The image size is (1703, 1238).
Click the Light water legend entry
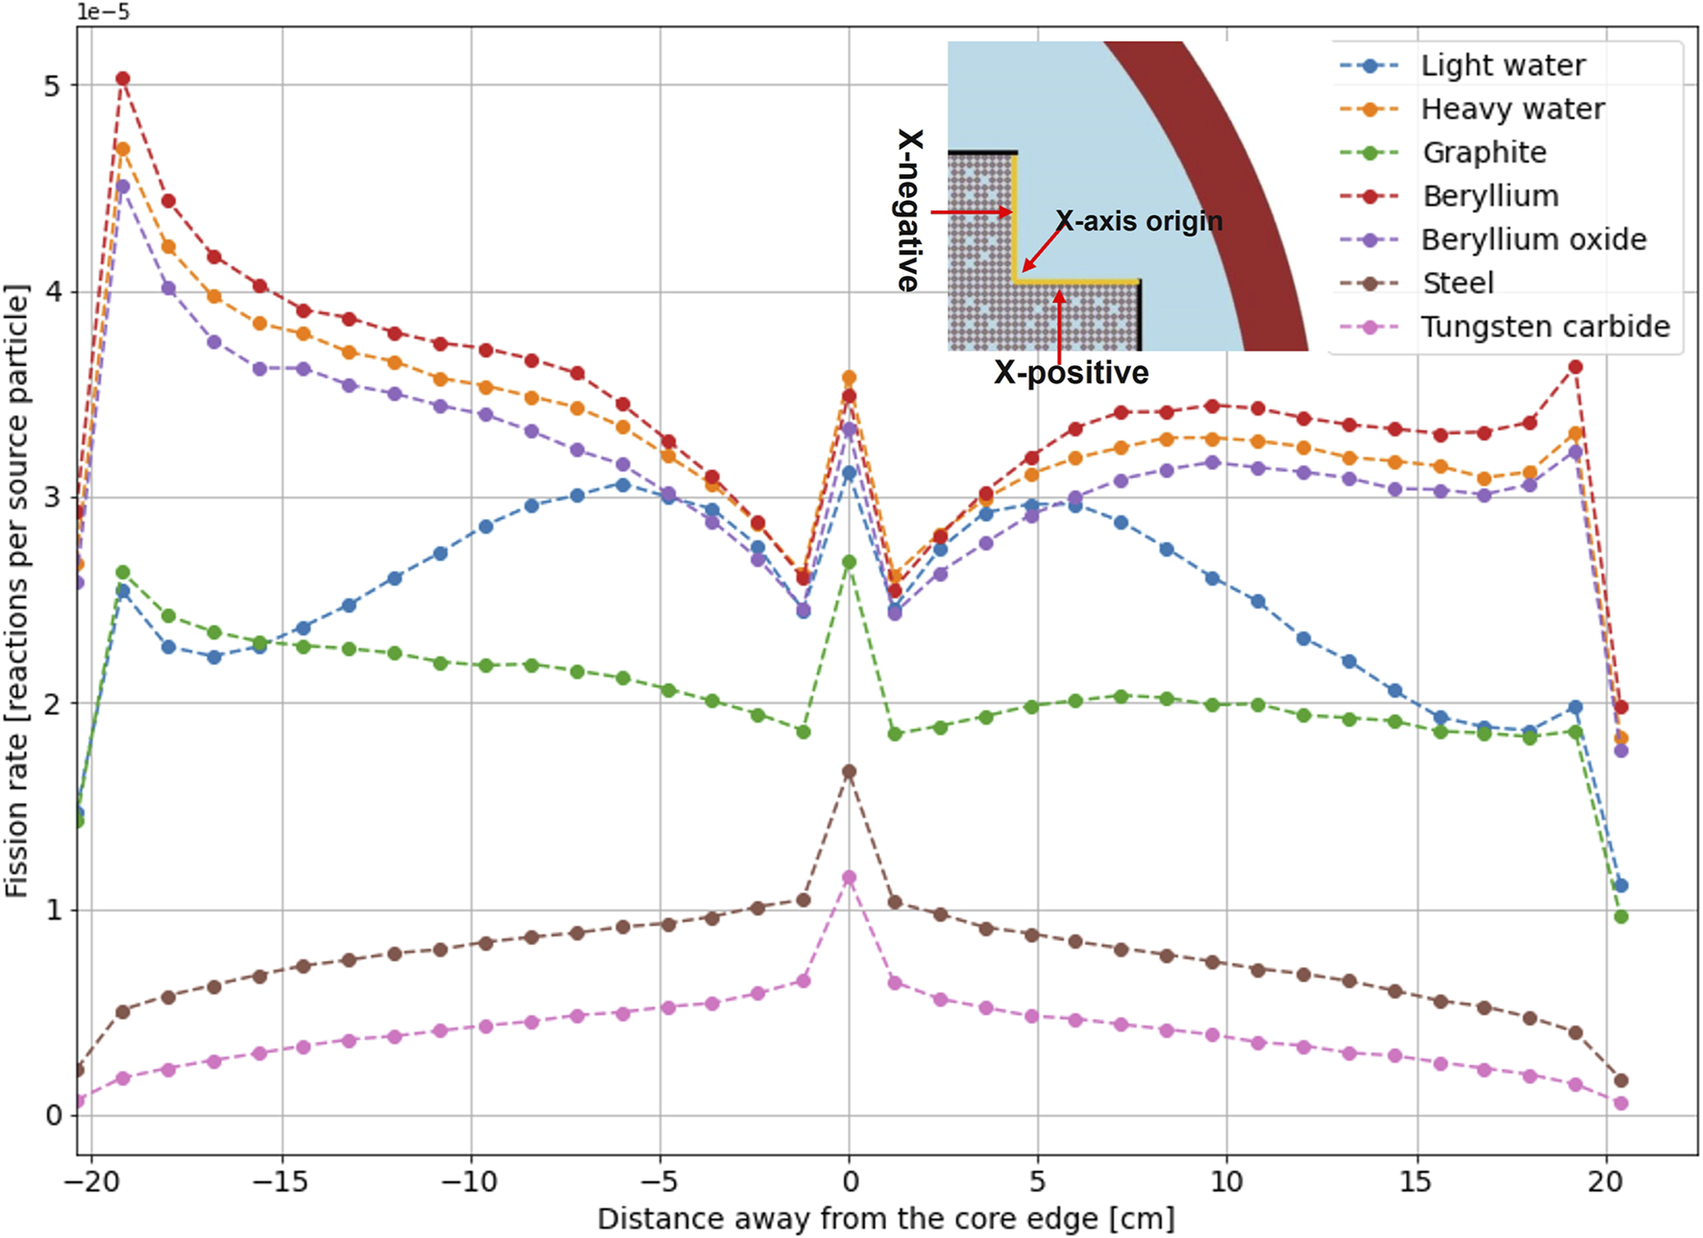point(1502,65)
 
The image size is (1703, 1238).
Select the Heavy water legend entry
point(1512,110)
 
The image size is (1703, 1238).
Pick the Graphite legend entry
point(1484,153)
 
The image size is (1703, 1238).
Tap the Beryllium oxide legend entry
point(1533,239)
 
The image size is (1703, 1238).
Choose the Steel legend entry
point(1457,284)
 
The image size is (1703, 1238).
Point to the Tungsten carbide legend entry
point(1544,327)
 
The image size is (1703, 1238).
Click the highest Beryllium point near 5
point(123,79)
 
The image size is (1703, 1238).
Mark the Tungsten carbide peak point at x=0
point(849,878)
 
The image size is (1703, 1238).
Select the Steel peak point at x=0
point(849,772)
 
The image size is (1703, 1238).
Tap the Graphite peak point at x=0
point(849,562)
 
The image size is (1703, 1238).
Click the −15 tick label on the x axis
point(283,1181)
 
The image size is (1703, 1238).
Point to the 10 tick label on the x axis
point(1227,1181)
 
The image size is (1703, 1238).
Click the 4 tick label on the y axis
point(53,291)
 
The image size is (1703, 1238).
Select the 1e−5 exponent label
point(103,12)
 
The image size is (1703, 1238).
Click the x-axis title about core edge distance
point(885,1219)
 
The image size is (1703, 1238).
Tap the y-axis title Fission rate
point(16,591)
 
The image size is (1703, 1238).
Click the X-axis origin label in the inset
point(1139,221)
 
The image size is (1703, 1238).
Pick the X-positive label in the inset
point(1071,373)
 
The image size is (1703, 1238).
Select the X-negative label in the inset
point(909,210)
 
